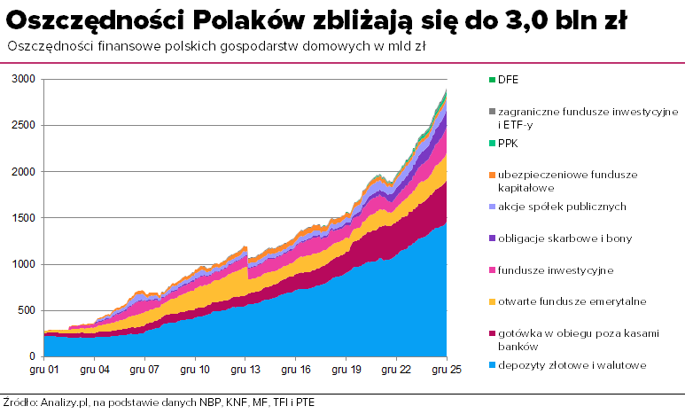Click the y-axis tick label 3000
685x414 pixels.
coord(23,80)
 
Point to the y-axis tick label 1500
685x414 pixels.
coord(23,218)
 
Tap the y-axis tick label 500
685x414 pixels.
coord(27,310)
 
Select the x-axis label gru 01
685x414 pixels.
coord(44,369)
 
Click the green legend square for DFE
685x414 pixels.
coord(491,80)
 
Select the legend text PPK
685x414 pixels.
coord(508,143)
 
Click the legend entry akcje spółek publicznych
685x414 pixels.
coord(563,207)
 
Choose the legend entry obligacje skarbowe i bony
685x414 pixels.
coord(564,238)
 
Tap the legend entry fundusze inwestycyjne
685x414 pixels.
coord(556,270)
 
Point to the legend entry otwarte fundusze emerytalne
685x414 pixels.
coord(572,301)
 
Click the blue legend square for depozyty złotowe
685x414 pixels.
coord(491,365)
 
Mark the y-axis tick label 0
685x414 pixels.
coord(34,356)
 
